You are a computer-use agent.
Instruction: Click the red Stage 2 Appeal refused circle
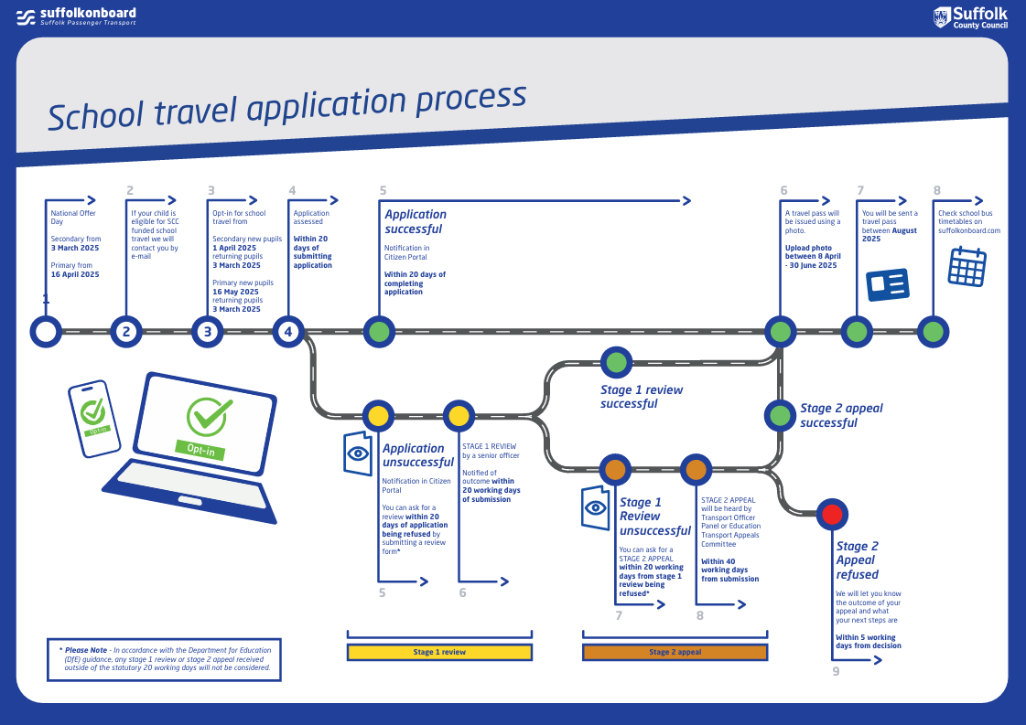click(x=832, y=514)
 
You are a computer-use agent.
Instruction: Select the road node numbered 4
click(x=288, y=332)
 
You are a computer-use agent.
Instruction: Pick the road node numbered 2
click(x=126, y=332)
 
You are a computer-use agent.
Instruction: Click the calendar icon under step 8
click(x=967, y=266)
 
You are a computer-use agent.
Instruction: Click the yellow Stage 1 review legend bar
click(x=439, y=652)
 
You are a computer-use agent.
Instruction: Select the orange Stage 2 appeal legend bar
click(x=675, y=652)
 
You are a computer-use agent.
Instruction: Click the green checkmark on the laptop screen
click(x=210, y=417)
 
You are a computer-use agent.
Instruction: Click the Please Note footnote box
click(x=164, y=659)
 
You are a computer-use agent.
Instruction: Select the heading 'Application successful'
click(x=416, y=221)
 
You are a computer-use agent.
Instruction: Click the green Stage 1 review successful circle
click(x=616, y=361)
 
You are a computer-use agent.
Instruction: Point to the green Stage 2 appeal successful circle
click(x=780, y=416)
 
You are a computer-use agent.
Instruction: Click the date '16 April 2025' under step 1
click(x=75, y=274)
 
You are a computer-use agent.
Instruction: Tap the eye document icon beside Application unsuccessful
click(x=358, y=453)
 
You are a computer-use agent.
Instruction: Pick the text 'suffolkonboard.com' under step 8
click(x=969, y=231)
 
